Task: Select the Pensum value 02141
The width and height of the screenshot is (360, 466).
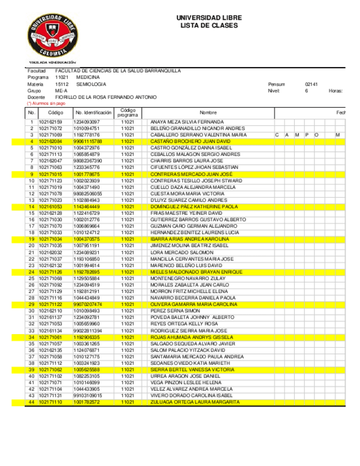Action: click(312, 84)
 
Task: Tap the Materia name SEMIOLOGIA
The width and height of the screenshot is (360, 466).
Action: click(91, 84)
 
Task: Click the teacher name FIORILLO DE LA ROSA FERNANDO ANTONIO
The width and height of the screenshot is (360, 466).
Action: click(106, 97)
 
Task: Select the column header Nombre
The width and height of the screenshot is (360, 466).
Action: click(208, 112)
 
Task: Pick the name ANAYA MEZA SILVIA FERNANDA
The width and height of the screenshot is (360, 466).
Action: click(187, 121)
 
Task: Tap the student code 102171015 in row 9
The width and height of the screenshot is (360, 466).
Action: click(50, 174)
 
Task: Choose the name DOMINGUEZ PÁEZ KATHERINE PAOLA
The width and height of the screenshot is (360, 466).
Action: click(193, 207)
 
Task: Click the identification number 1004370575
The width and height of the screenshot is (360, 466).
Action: click(86, 239)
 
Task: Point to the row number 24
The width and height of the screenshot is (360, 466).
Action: click(31, 272)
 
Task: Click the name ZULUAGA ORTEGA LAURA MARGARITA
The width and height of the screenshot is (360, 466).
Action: click(195, 402)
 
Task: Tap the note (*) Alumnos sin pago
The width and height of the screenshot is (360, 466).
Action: click(46, 103)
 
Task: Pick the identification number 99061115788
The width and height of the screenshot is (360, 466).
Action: click(88, 141)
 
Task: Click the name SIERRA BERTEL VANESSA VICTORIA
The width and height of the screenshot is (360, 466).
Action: click(192, 370)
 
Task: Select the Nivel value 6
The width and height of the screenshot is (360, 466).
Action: click(307, 91)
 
